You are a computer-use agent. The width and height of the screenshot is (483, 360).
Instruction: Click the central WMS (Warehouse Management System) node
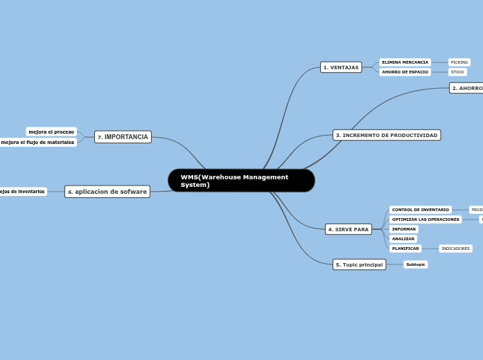coord(241,181)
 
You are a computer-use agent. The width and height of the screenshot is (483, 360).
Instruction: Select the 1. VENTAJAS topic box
coord(341,67)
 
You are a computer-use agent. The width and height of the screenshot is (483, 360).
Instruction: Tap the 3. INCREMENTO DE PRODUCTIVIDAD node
coord(387,135)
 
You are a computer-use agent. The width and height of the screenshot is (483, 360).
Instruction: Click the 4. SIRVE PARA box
coord(349,229)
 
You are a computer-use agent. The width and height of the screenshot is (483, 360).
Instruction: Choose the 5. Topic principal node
coord(359,264)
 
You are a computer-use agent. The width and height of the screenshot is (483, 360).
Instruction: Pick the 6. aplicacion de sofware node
coord(107,192)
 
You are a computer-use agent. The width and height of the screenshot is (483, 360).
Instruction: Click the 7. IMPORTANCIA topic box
coord(123,137)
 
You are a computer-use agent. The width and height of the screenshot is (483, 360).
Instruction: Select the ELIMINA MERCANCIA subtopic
coord(405,62)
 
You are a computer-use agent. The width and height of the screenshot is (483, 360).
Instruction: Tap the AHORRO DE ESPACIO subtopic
coord(405,72)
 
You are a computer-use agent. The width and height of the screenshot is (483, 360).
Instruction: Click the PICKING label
coord(459,62)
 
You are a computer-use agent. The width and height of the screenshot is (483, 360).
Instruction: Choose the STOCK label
coord(457,72)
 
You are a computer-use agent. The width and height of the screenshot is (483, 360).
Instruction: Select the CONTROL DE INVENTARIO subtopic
coord(420,210)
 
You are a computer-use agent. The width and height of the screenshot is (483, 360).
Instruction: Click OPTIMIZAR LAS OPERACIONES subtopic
coord(425,219)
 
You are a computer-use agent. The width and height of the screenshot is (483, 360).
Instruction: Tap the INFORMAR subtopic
coord(404,229)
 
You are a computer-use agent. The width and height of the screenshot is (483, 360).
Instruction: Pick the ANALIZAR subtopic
coord(403,239)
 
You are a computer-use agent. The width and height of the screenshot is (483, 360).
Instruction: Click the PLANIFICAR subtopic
coord(405,249)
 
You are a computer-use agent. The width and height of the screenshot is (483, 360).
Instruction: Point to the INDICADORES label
coord(455,249)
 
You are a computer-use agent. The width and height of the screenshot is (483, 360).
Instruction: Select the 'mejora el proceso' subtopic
coord(51,132)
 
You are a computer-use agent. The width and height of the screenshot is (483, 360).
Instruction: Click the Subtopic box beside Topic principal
coord(416,264)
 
